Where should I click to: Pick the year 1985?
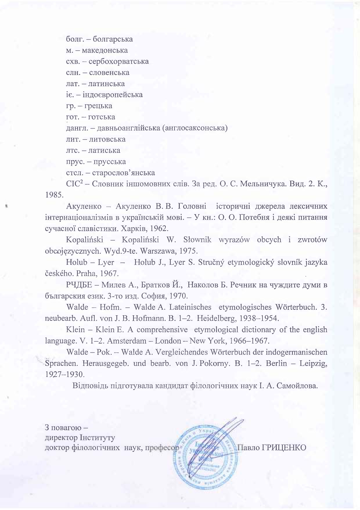click(54, 195)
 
